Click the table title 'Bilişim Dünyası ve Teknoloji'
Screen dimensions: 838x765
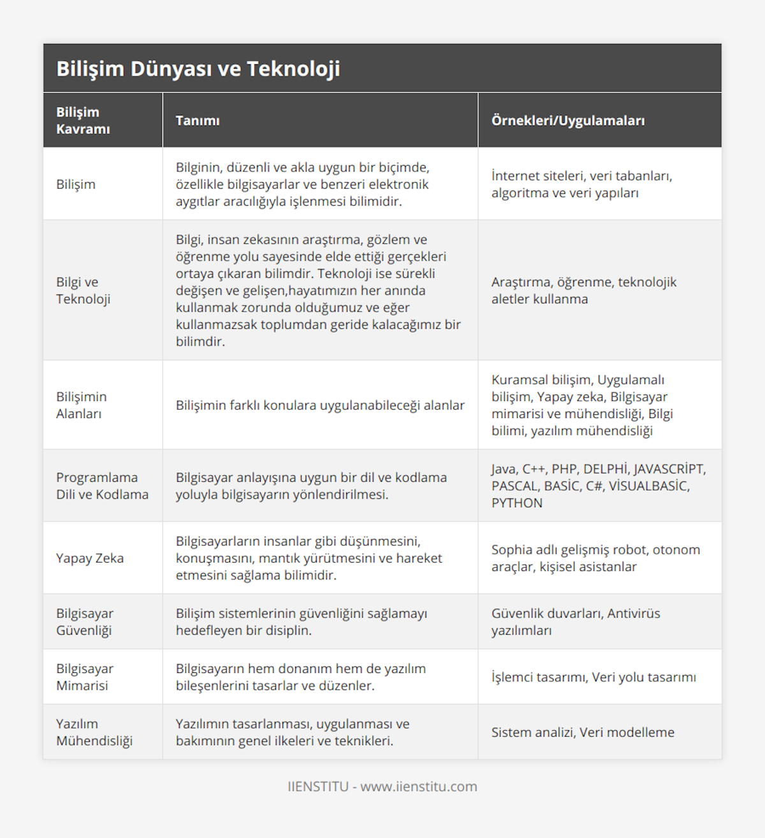point(198,69)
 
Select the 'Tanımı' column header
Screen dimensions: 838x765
point(198,120)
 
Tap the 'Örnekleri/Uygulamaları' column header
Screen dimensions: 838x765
point(567,120)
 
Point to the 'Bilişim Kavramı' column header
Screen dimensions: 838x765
point(83,120)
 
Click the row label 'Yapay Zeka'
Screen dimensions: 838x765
point(90,558)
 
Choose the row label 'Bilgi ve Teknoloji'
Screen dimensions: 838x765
point(83,291)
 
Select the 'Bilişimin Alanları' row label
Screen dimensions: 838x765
point(82,405)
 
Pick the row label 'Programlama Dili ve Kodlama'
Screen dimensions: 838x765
point(102,486)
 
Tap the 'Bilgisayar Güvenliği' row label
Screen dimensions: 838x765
point(85,622)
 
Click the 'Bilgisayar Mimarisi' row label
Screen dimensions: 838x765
point(85,677)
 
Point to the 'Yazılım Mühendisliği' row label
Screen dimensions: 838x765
point(94,732)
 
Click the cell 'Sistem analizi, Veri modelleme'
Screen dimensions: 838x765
point(583,732)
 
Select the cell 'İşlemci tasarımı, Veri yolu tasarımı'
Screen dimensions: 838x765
point(594,677)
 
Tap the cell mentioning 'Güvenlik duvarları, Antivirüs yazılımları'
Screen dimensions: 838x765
point(576,622)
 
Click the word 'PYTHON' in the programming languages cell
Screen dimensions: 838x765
point(517,503)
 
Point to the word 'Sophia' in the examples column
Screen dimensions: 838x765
point(512,550)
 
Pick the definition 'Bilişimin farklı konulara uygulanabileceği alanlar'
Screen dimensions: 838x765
point(320,405)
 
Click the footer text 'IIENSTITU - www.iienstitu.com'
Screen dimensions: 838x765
point(382,786)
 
